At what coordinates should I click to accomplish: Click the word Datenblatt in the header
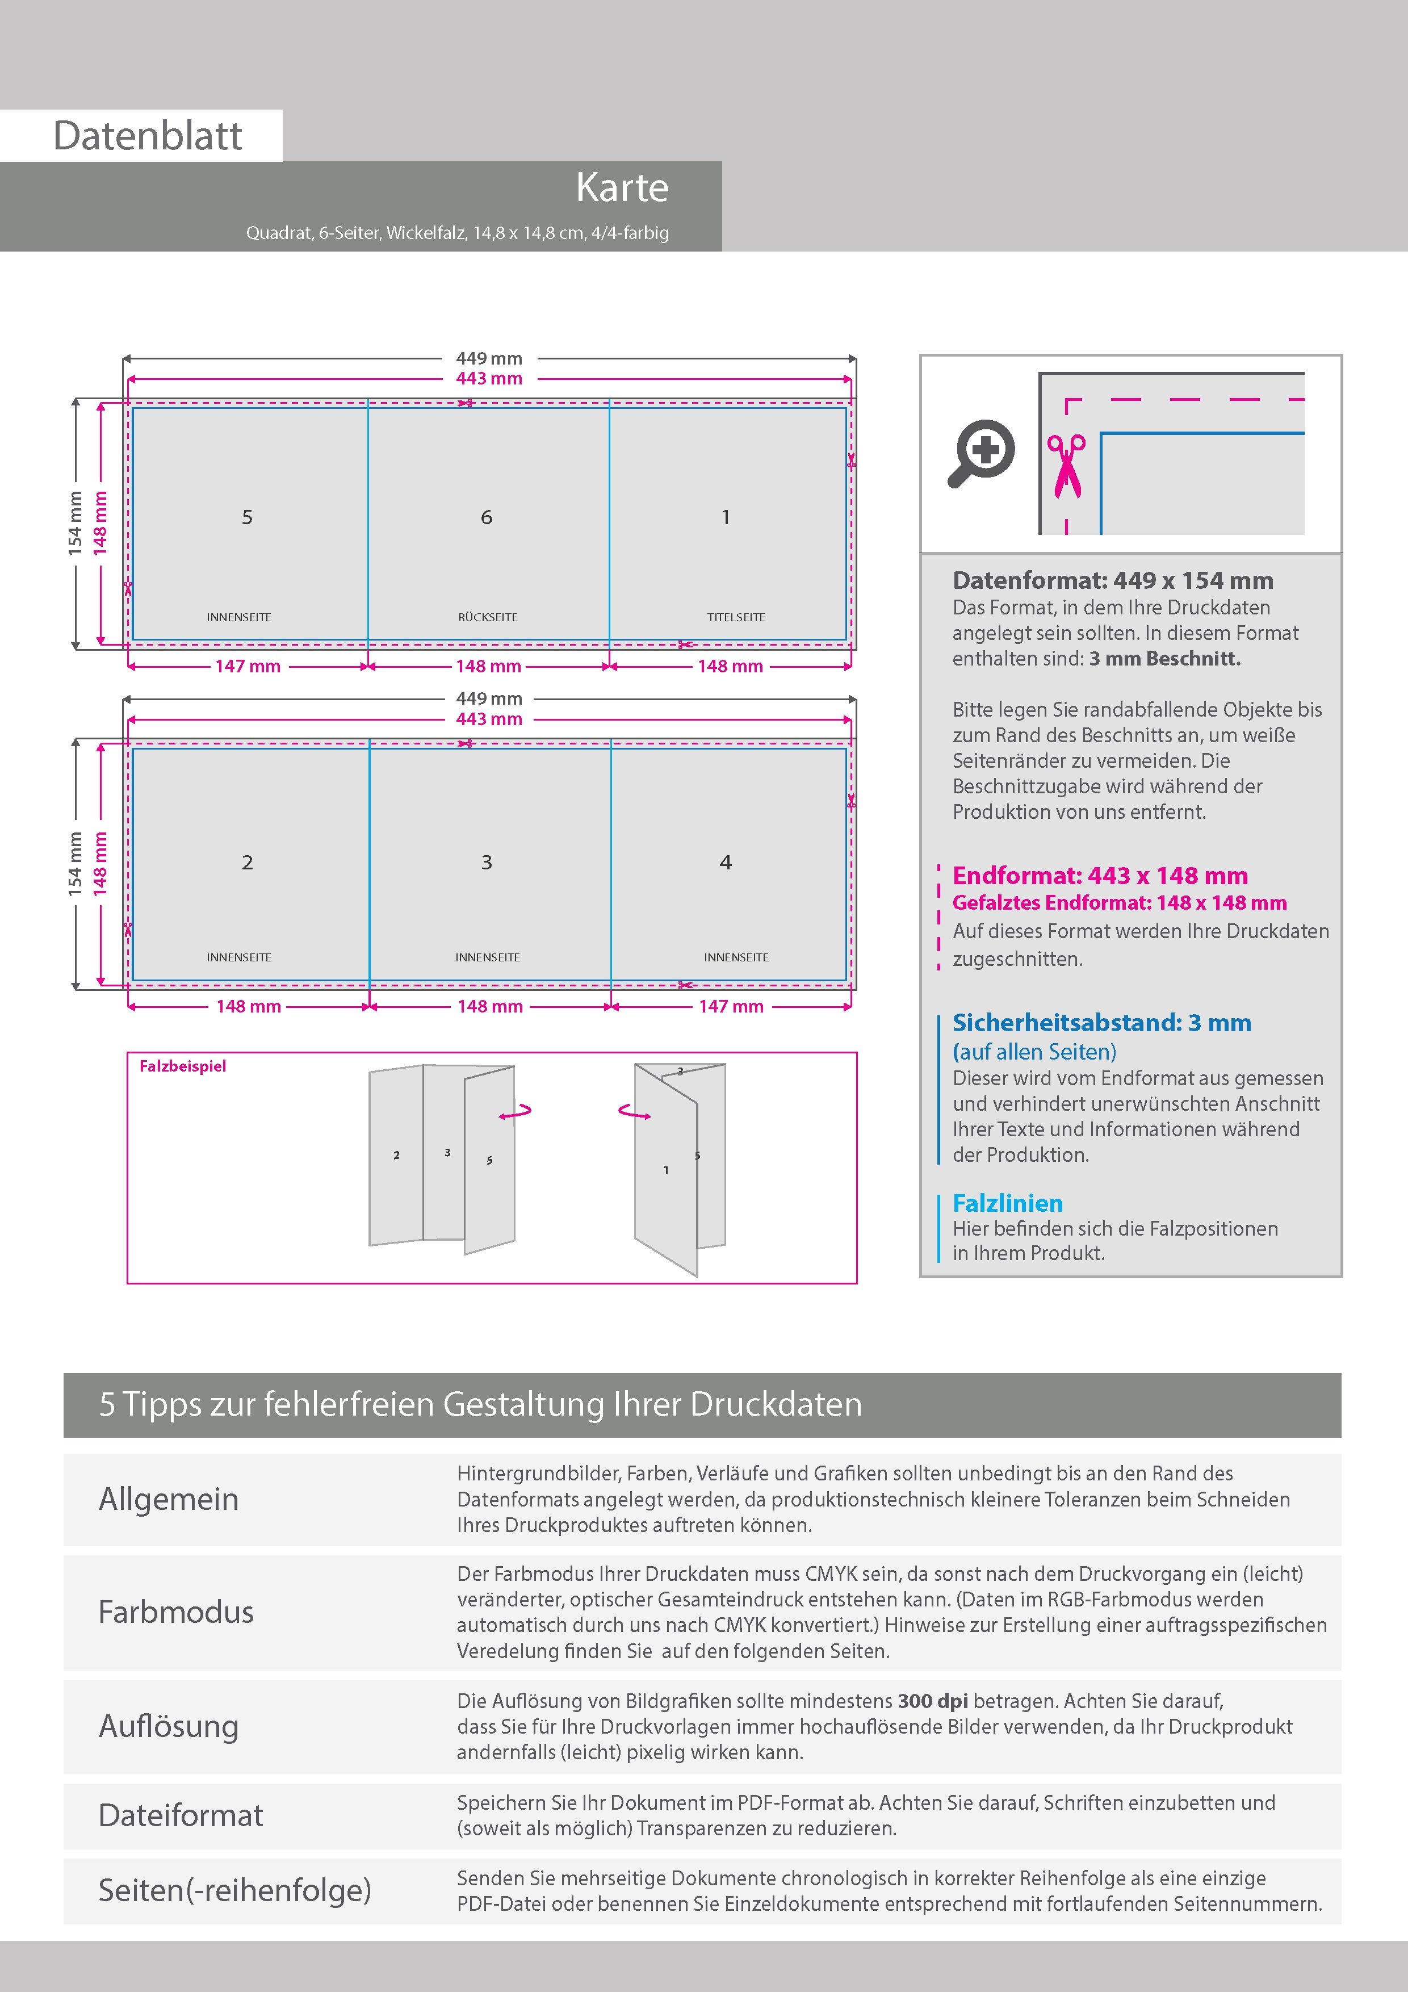tap(148, 135)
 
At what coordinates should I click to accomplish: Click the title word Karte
tap(622, 187)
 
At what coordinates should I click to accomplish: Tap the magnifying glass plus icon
tap(981, 453)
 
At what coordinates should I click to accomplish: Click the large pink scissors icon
tap(1066, 467)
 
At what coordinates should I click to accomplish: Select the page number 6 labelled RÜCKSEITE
tap(487, 517)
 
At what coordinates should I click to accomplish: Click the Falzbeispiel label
tap(182, 1066)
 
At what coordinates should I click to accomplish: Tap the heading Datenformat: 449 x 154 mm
tap(1113, 580)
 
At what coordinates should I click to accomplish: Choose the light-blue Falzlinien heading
tap(1007, 1203)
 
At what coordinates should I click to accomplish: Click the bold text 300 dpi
tap(933, 1701)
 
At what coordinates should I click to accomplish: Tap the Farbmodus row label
tap(176, 1612)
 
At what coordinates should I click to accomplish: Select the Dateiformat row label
tap(181, 1815)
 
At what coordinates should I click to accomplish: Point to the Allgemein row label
tap(168, 1499)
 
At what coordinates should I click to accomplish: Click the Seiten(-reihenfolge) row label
tap(234, 1890)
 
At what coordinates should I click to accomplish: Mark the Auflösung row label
tap(168, 1726)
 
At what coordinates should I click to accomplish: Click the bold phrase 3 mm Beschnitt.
tap(1165, 659)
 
